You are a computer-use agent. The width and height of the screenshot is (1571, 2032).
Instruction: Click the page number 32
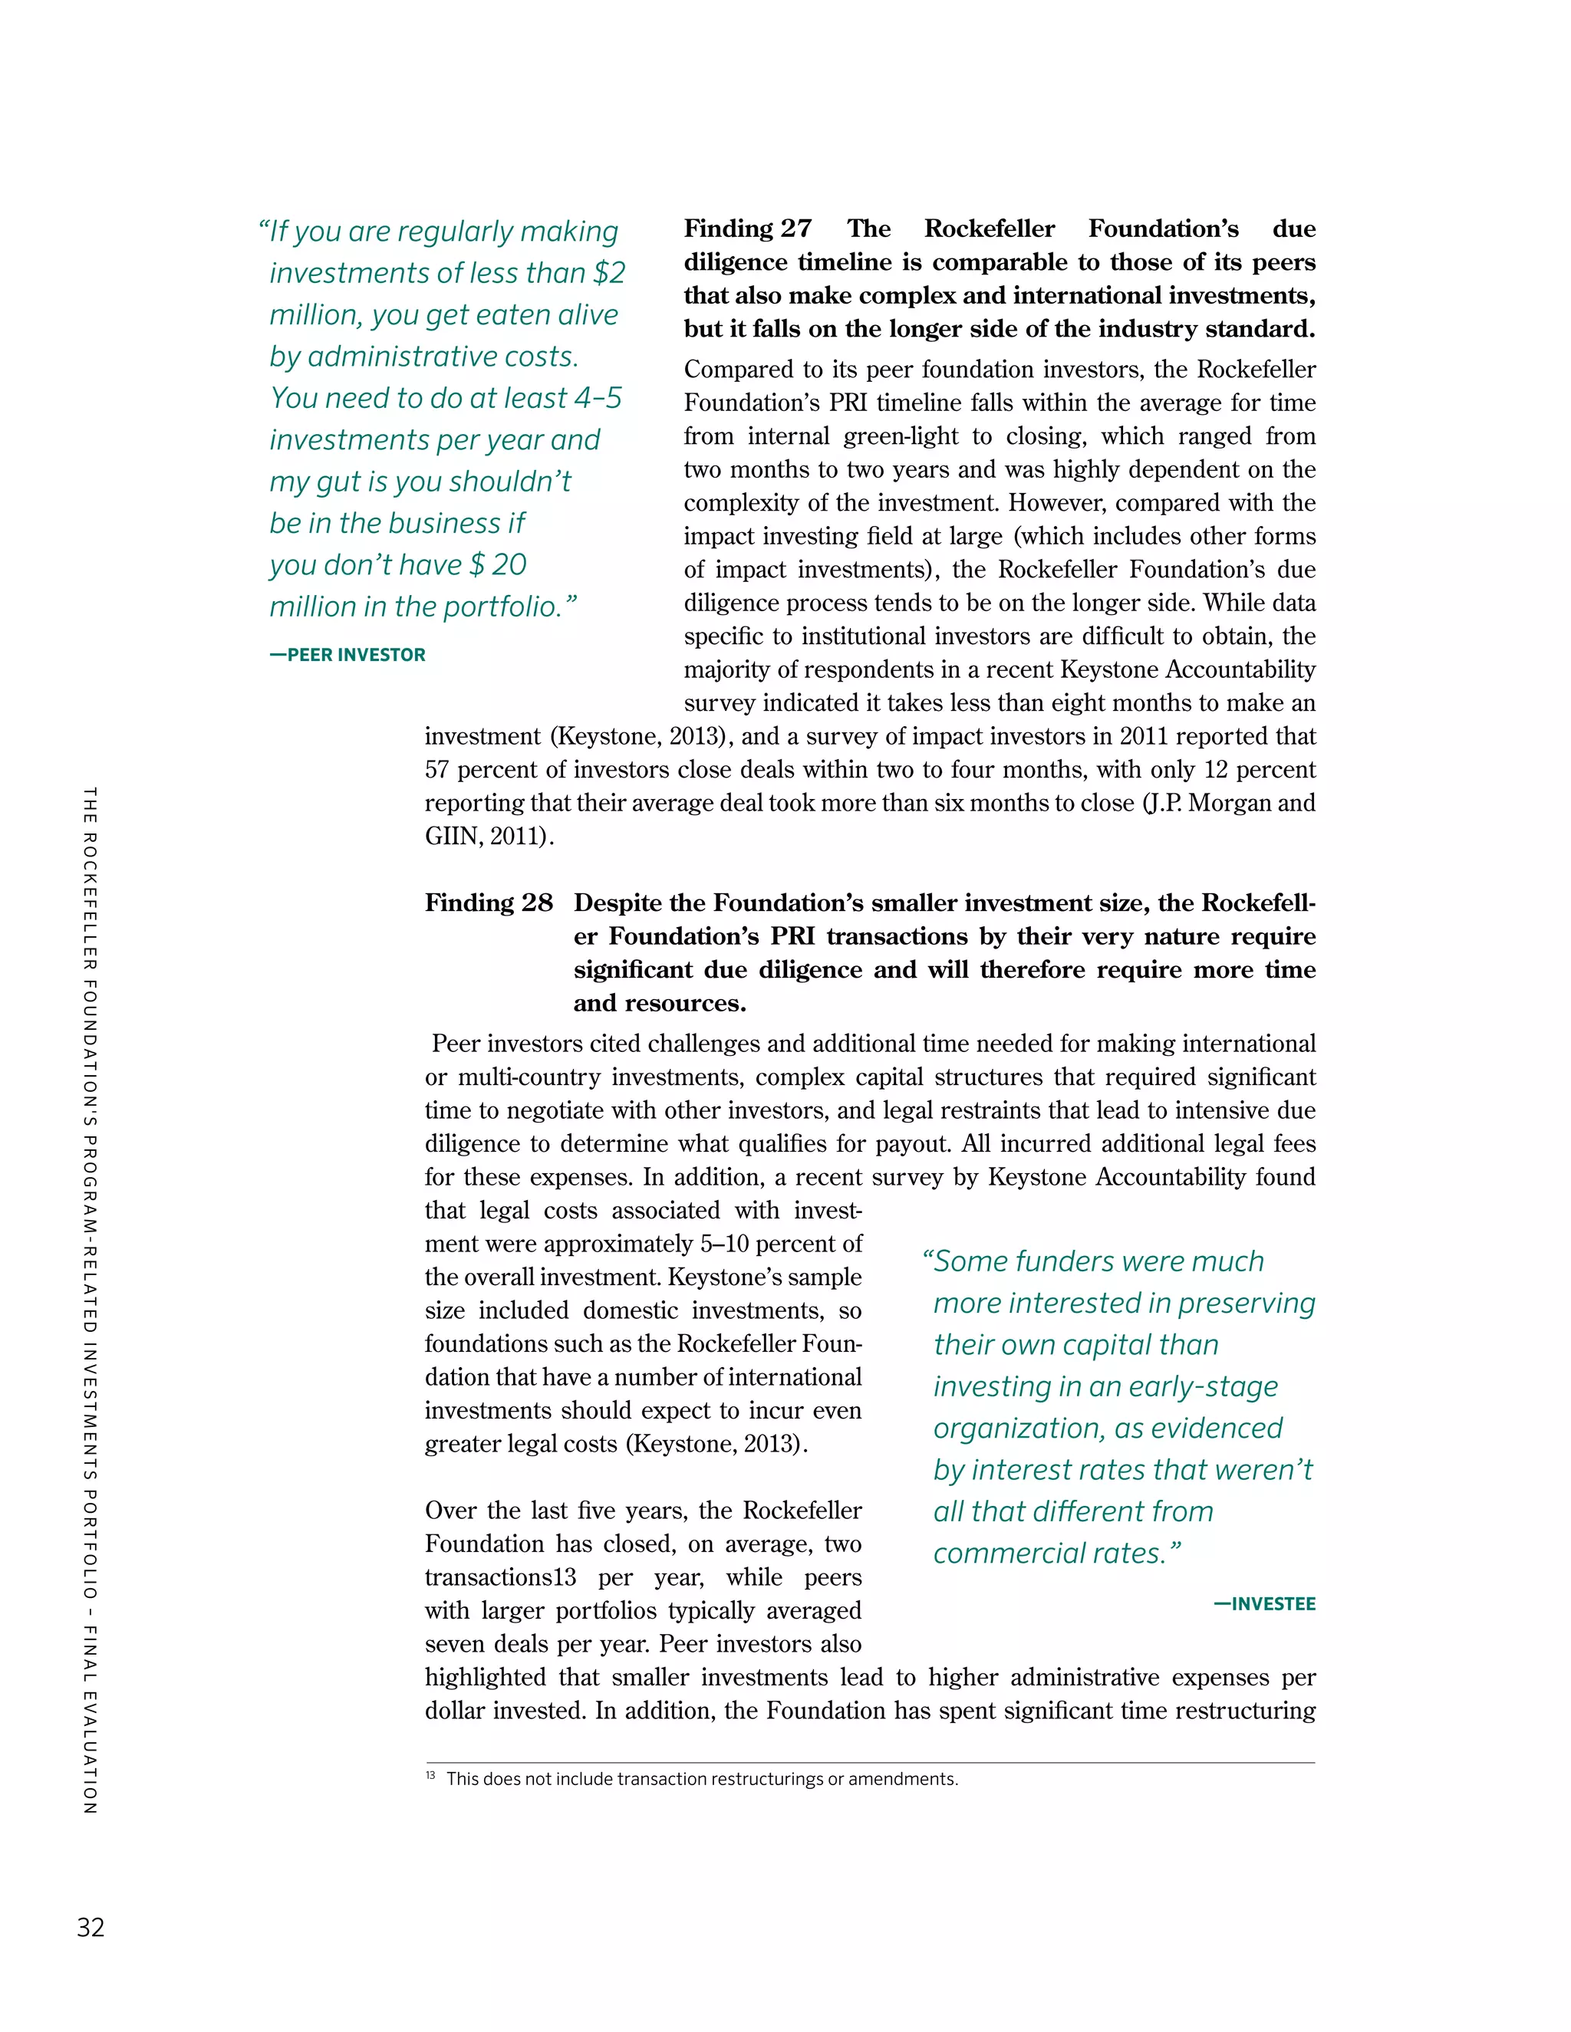[91, 1927]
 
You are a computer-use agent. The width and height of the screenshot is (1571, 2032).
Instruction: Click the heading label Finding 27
[747, 229]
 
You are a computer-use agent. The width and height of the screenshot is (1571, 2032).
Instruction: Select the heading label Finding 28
[489, 903]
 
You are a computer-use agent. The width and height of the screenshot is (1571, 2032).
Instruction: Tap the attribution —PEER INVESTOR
[347, 655]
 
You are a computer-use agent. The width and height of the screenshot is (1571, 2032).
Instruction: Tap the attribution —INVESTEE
[1264, 1604]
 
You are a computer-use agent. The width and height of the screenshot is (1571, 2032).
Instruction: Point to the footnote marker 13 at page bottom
[430, 1776]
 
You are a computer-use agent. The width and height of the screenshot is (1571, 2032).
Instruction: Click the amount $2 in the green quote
[610, 273]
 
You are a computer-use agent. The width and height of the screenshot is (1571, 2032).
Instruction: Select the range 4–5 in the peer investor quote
[598, 398]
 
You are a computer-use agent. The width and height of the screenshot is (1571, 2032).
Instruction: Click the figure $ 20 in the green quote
[499, 565]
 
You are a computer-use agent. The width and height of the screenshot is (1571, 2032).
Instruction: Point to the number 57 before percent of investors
[437, 769]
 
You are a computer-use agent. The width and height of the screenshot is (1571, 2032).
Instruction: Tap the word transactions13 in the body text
[502, 1577]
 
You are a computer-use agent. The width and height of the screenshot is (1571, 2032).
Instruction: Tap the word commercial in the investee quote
[996, 1553]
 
